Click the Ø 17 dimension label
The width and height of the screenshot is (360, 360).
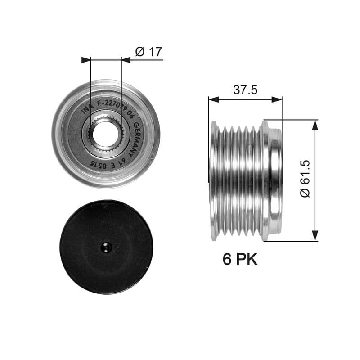[148, 52]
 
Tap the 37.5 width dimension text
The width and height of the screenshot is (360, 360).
[245, 90]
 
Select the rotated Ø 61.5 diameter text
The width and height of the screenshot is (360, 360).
[305, 180]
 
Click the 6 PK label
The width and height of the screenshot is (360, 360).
[240, 259]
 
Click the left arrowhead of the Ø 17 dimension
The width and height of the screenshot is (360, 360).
[85, 60]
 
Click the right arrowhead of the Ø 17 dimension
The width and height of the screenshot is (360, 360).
[126, 60]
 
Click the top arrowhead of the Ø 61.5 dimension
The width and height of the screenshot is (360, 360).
[315, 125]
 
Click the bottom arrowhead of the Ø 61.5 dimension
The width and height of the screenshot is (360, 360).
[315, 236]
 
